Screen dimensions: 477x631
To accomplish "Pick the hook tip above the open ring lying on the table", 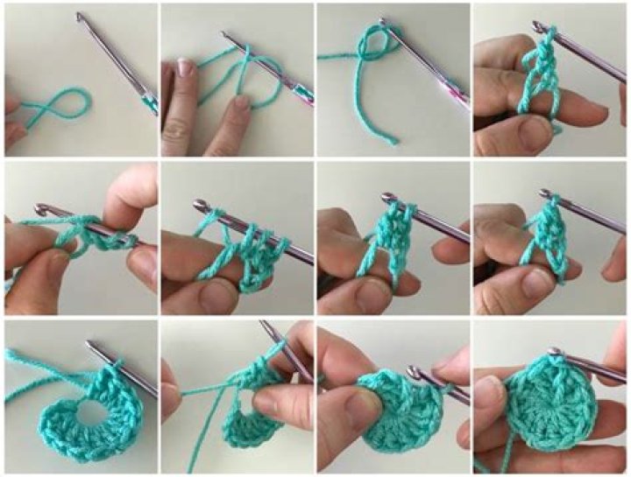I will coord(91,347).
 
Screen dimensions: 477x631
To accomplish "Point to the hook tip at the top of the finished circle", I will coord(554,352).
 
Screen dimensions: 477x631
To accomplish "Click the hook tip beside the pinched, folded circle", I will coord(413,373).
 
